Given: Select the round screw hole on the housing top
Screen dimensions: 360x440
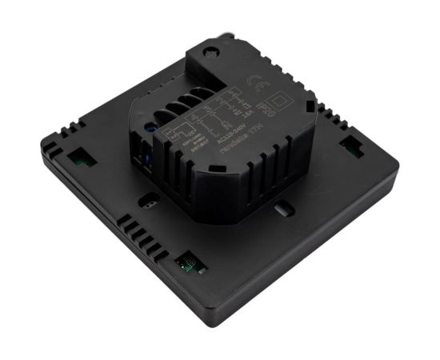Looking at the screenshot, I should click(213, 51).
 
